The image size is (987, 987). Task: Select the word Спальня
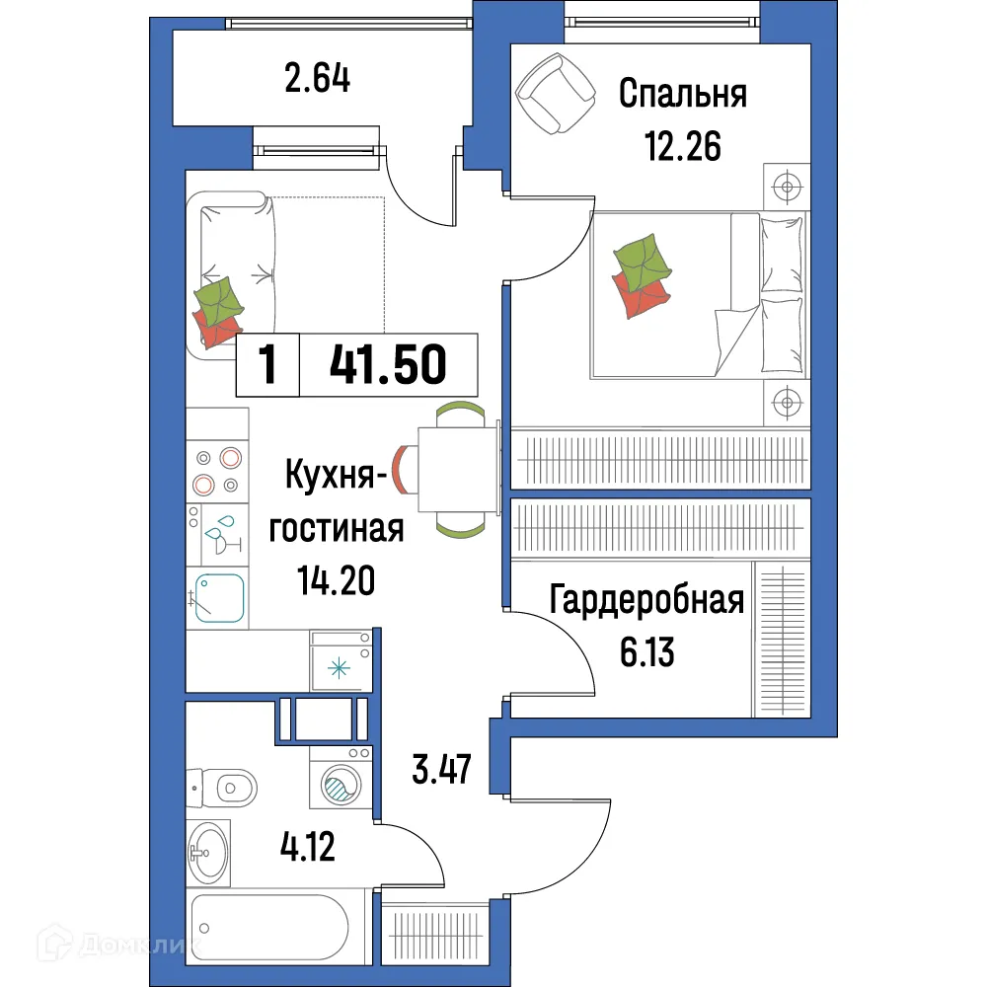tap(682, 95)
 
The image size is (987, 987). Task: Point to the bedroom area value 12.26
tap(682, 146)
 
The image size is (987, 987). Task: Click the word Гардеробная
tap(645, 599)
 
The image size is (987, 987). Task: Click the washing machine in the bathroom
tap(342, 784)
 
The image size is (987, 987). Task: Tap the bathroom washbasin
tap(208, 853)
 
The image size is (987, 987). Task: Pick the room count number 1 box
tap(266, 365)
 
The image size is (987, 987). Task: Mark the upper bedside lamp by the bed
tap(786, 185)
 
